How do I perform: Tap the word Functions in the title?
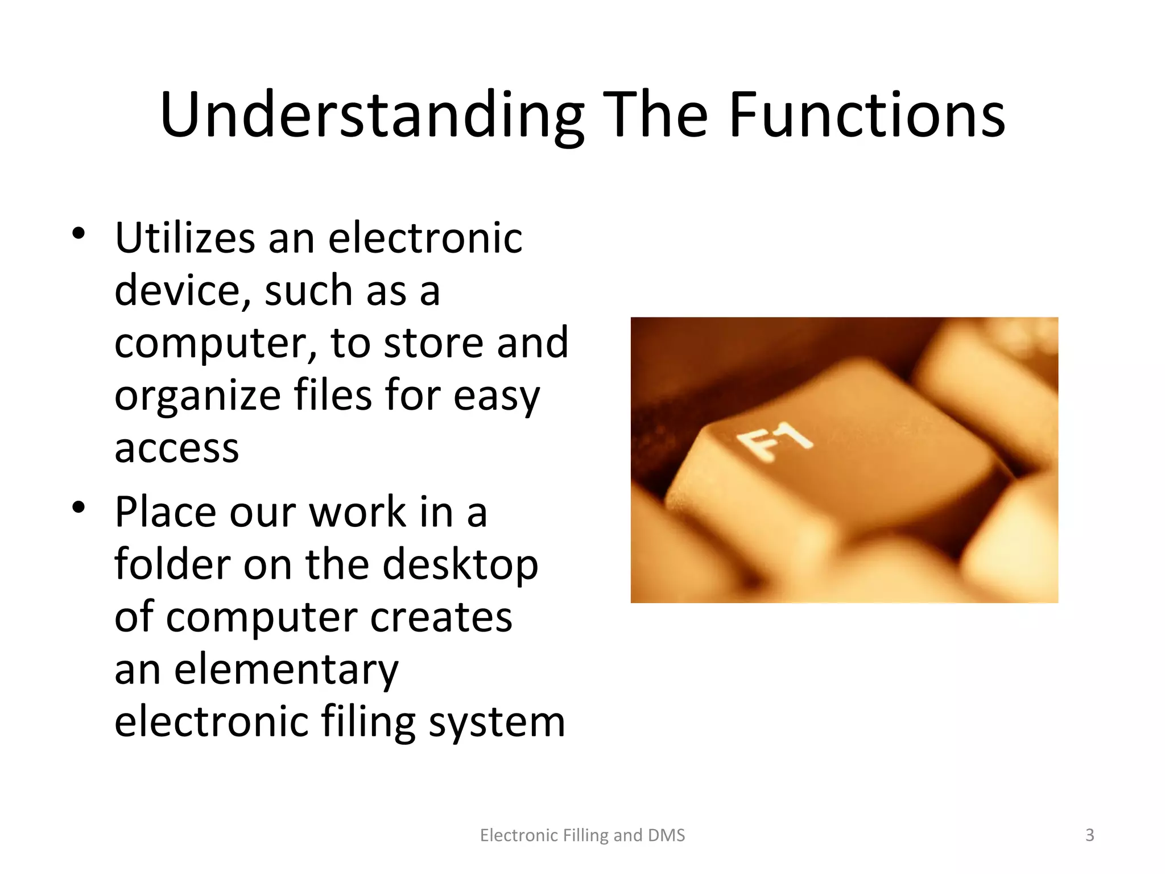point(867,116)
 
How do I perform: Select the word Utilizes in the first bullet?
point(185,238)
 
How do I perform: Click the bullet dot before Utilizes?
point(79,233)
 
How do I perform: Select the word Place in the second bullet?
point(166,512)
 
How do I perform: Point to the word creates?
point(441,618)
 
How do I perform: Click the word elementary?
point(286,670)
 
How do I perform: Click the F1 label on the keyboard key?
point(773,442)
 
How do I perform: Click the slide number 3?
point(1089,835)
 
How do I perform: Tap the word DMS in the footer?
point(666,835)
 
